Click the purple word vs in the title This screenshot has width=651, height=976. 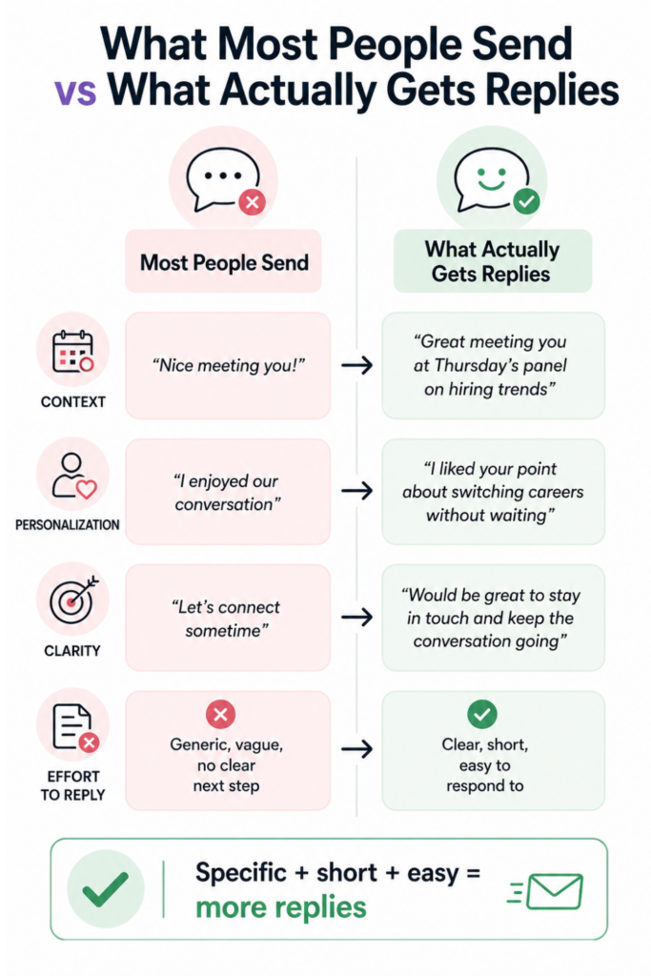75,91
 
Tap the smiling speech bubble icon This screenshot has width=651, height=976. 489,179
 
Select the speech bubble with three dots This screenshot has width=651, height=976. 222,179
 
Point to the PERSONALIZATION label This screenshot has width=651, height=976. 67,525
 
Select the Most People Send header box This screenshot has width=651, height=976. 224,262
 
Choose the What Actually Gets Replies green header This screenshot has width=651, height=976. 492,261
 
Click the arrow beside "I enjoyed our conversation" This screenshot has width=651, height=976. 356,491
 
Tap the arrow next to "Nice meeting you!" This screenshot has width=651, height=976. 356,365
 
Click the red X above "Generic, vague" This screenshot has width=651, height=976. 220,714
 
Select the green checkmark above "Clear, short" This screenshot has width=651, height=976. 481,714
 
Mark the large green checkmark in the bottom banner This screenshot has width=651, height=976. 106,889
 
